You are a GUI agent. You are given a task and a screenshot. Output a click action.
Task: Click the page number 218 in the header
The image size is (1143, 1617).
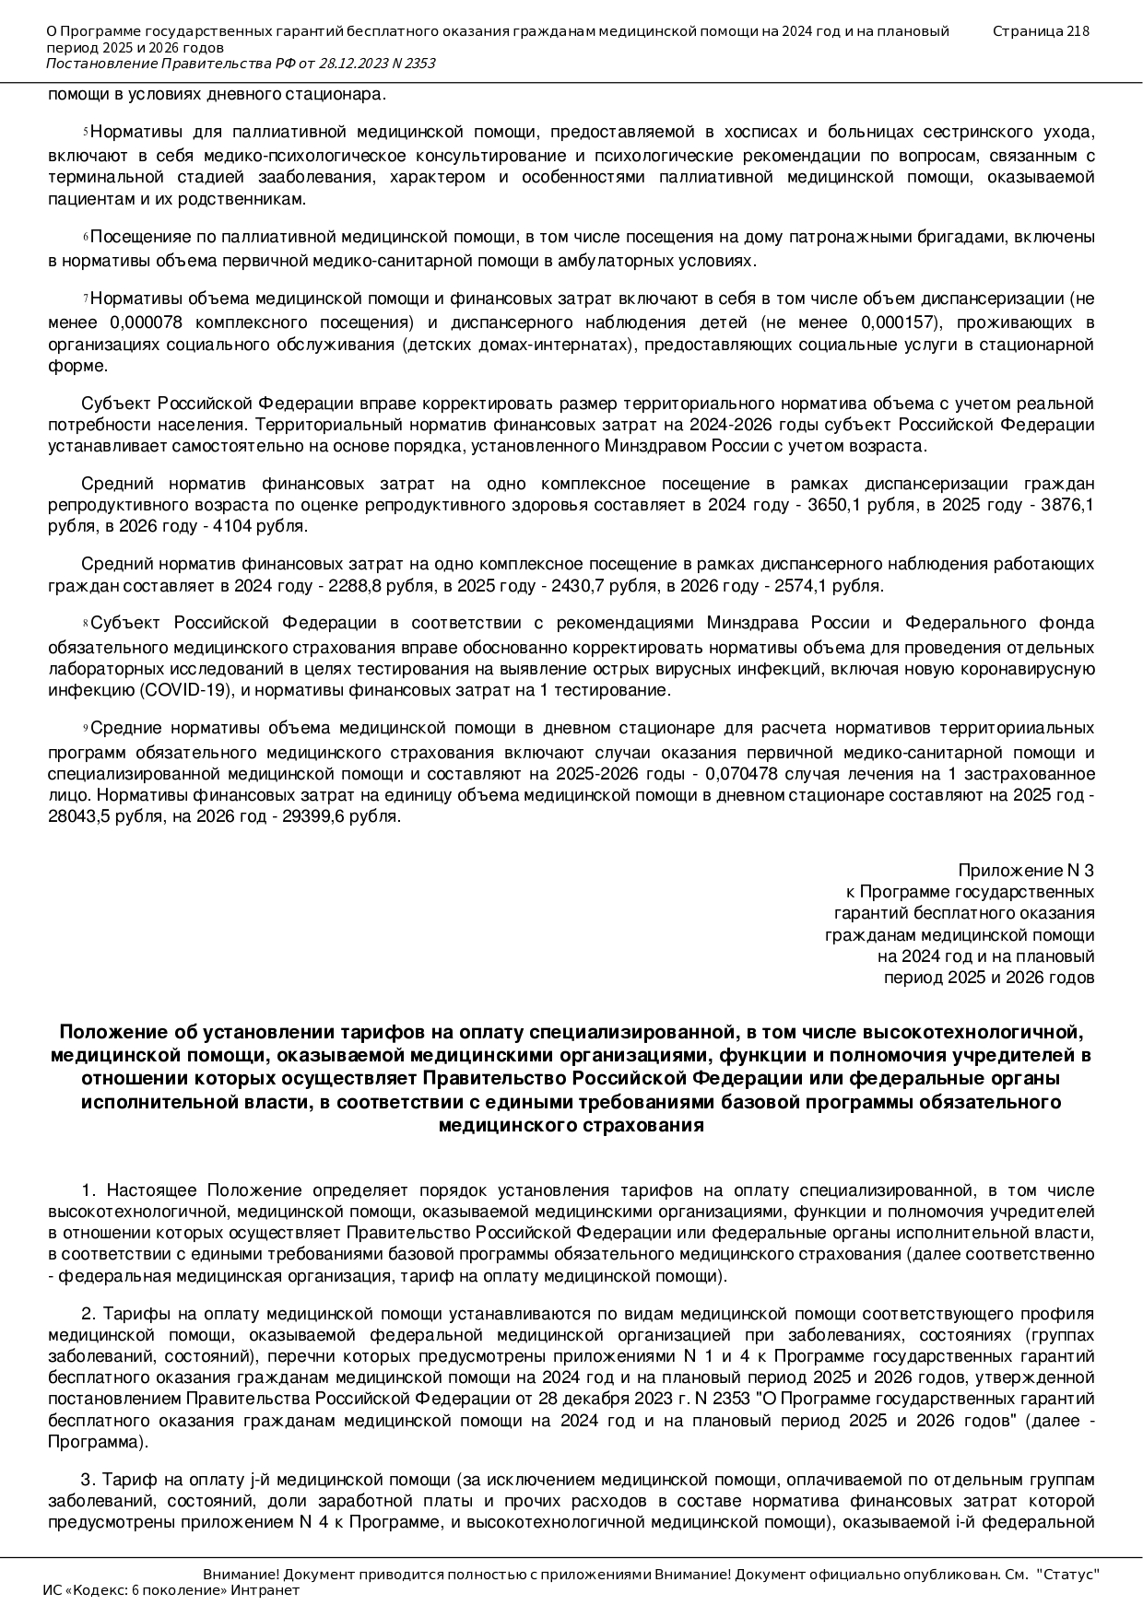(1078, 31)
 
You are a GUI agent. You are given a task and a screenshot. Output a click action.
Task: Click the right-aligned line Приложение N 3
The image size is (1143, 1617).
(1026, 870)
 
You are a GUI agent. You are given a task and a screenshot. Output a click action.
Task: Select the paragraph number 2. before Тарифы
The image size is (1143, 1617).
(88, 1313)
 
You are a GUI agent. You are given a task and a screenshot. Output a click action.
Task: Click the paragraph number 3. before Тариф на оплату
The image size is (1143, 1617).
(88, 1480)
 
